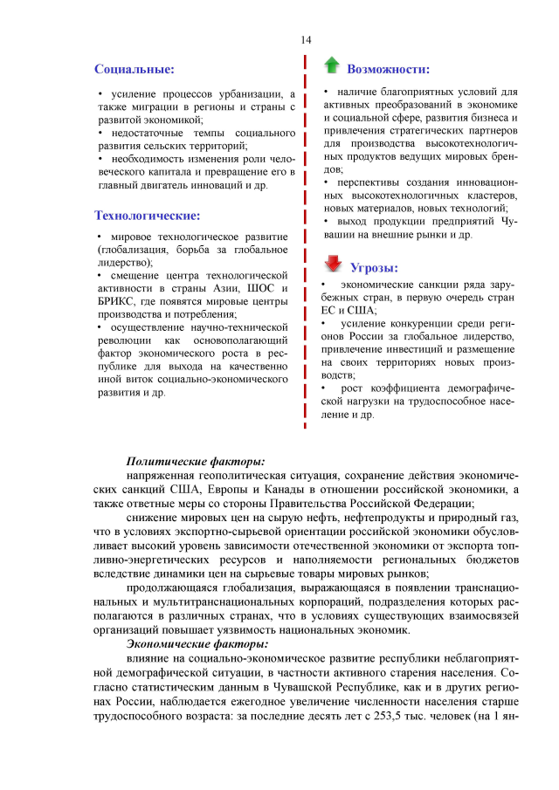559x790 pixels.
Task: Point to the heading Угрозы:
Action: [x=374, y=267]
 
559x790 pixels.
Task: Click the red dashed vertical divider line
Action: [x=305, y=244]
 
